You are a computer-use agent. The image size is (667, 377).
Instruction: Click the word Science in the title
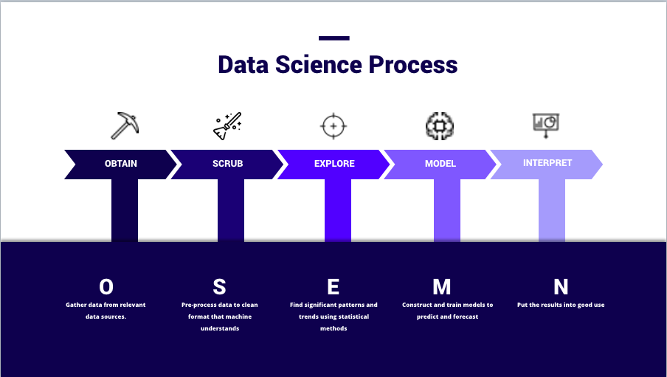coord(319,65)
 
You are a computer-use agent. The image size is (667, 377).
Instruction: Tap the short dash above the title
coord(334,38)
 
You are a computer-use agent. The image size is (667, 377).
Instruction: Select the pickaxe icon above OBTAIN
coord(125,125)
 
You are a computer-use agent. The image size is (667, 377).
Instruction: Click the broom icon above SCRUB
coord(227,126)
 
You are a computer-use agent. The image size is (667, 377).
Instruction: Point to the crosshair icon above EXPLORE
coord(333,126)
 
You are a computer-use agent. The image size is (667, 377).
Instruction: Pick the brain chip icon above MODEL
coord(440,126)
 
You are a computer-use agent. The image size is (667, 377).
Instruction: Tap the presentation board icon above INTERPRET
coord(546,125)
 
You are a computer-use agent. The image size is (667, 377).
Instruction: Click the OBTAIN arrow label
coord(121,164)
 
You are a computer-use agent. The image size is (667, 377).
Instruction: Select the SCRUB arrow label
coord(227,164)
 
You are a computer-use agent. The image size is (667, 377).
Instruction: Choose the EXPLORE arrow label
coord(334,164)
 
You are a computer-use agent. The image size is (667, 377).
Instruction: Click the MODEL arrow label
coord(440,164)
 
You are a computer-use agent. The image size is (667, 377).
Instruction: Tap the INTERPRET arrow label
coord(547,163)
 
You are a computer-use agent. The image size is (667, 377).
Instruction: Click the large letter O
coord(106,287)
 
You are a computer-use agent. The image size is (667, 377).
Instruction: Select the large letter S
coord(219,287)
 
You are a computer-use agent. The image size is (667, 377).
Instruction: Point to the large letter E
coord(333,287)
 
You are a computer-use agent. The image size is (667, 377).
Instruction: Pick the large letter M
coord(441,287)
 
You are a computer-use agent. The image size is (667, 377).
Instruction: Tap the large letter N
coord(561,287)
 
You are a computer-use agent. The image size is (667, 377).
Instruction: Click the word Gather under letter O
coord(77,305)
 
